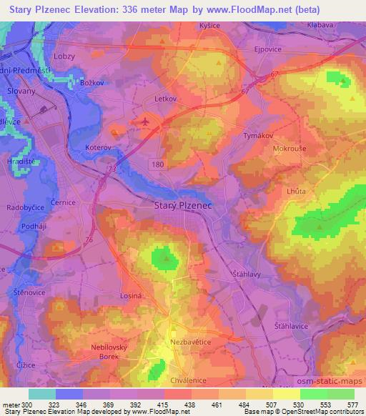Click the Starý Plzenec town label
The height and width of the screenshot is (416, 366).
coord(184,206)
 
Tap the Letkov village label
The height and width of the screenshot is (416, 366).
coord(164,99)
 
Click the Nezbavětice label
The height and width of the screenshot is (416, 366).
coord(190,342)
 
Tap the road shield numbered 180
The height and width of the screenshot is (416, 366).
coord(158,164)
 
